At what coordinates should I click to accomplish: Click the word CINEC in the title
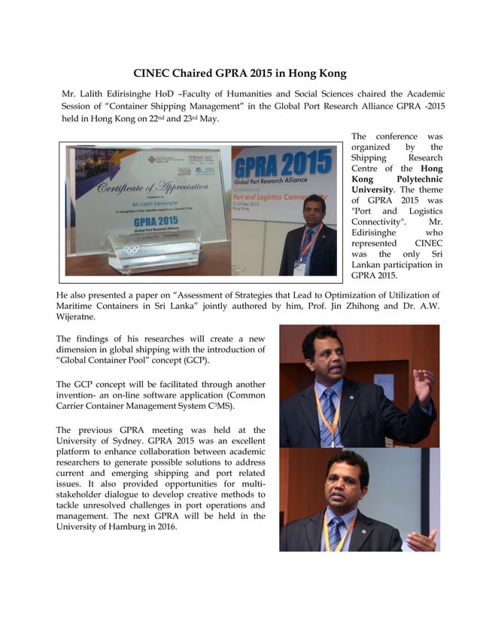pyautogui.click(x=154, y=74)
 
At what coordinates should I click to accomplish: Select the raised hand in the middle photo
pyautogui.click(x=422, y=385)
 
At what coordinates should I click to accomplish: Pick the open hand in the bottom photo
pyautogui.click(x=422, y=540)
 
